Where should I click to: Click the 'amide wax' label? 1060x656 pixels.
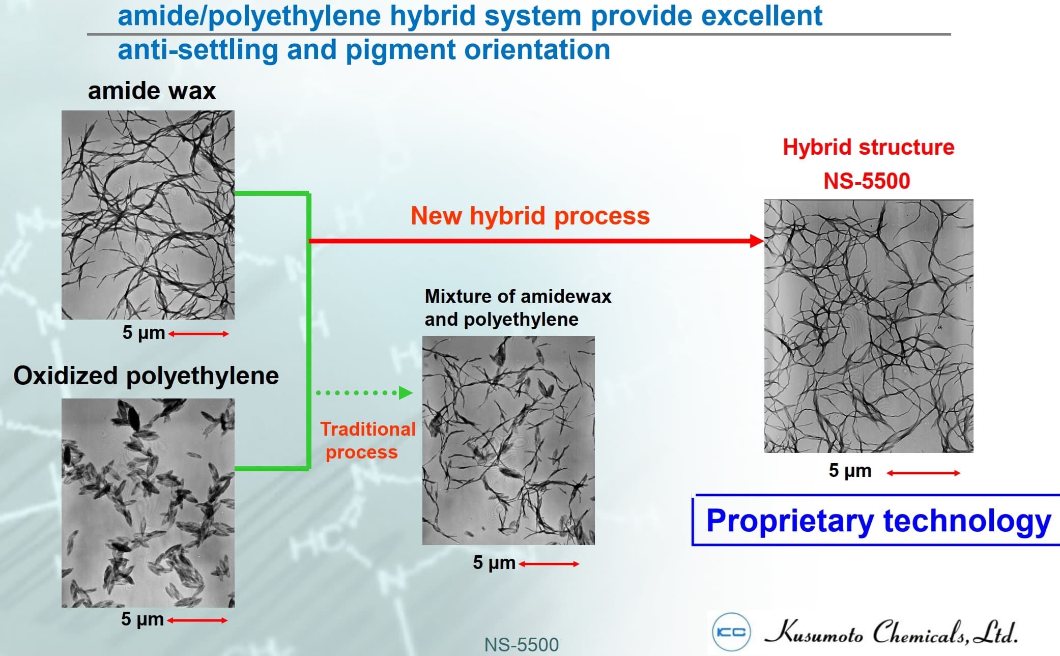coord(152,91)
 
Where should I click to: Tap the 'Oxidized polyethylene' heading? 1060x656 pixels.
coord(146,376)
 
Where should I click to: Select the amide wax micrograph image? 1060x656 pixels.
coord(148,215)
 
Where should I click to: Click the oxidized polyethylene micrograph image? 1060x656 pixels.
coord(148,503)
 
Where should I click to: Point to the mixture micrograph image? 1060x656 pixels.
coord(508,440)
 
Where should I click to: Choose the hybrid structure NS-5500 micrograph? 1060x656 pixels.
coord(869,326)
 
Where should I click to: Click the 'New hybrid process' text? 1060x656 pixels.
coord(530,216)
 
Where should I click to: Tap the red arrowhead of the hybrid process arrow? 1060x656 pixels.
coord(757,241)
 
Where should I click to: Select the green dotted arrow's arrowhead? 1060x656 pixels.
coord(406,392)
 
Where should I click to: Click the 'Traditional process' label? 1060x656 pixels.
coord(367,441)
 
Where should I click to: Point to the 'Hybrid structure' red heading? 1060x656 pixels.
coord(868,147)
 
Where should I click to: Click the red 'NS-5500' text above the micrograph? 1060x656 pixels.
coord(867,181)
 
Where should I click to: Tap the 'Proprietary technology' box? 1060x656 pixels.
coord(876,520)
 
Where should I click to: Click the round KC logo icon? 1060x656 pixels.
coord(731,632)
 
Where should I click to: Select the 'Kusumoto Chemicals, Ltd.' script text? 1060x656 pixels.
coord(891,632)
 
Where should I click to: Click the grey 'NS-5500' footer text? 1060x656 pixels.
coord(521,645)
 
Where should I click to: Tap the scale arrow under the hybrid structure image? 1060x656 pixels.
coord(923,473)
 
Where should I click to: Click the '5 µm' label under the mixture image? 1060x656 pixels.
coord(494,562)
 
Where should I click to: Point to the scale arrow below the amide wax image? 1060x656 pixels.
coord(198,334)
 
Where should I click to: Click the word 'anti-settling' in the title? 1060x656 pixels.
coord(198,50)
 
